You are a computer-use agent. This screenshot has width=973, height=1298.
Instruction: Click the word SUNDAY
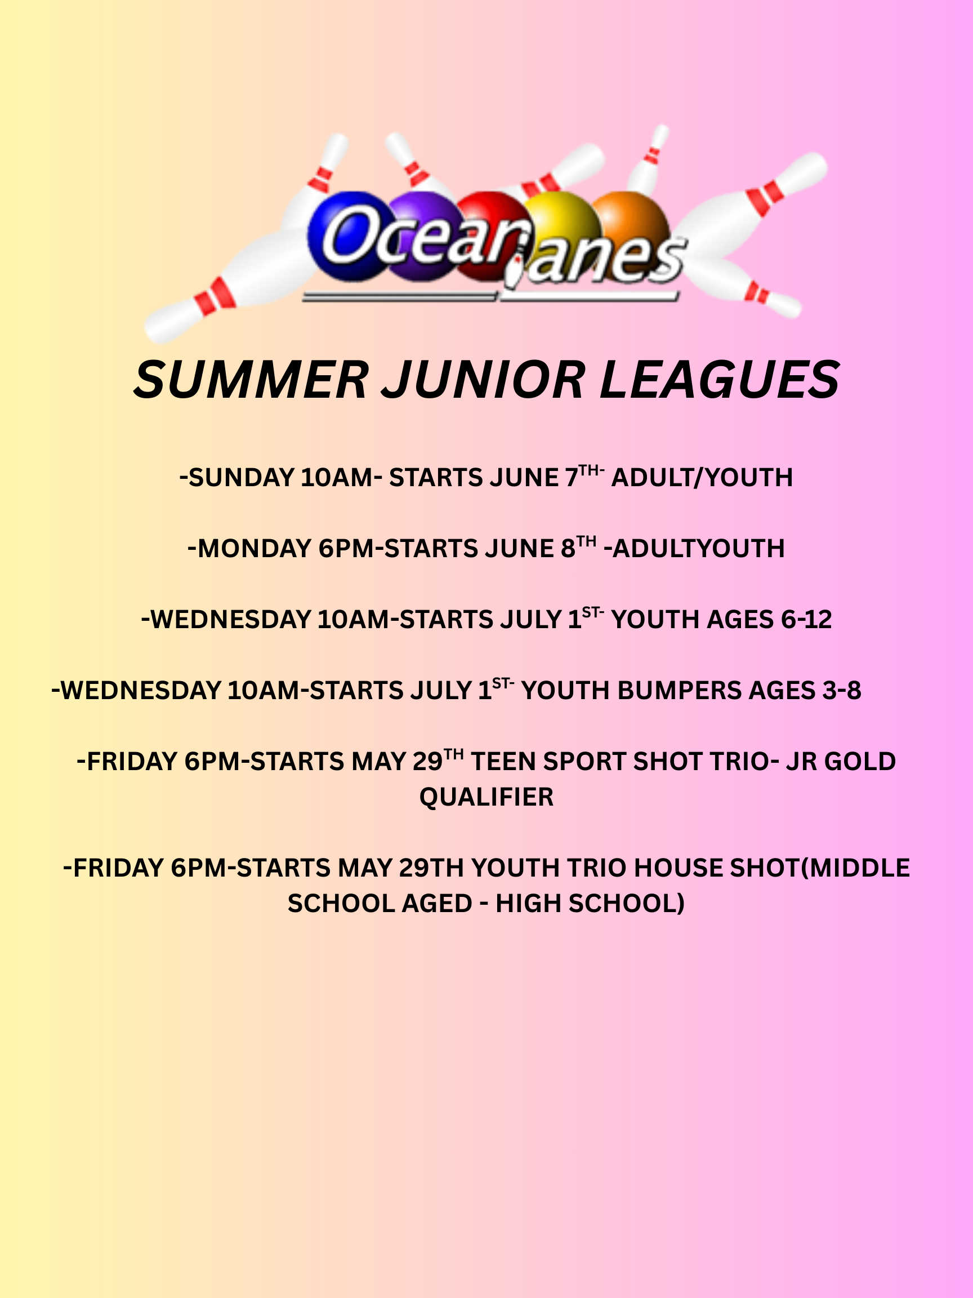242,478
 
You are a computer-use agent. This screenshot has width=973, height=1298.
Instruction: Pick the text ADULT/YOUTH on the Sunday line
702,478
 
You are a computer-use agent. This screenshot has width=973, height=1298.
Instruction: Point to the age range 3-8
842,691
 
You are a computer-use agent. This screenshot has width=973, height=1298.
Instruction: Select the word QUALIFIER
486,797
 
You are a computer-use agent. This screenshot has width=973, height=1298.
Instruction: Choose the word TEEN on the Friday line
504,762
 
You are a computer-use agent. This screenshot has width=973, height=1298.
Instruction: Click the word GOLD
860,762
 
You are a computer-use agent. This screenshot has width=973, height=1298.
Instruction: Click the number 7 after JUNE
572,478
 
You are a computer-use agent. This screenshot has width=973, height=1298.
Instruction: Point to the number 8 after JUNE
568,549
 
